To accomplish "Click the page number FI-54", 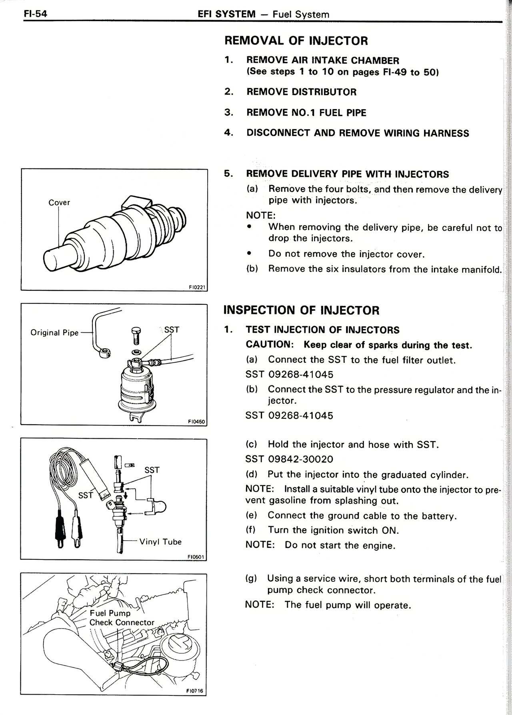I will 35,14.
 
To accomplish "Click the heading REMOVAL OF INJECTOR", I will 296,41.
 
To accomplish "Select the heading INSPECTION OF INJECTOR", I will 301,310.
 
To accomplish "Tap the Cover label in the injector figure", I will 59,203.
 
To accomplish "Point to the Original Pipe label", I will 54,333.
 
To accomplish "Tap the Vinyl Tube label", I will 160,542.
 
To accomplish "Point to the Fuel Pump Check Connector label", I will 121,618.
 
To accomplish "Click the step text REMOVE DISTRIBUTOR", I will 301,92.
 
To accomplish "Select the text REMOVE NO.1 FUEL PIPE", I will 306,113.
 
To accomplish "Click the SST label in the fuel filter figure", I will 172,330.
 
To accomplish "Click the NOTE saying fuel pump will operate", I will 328,605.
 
